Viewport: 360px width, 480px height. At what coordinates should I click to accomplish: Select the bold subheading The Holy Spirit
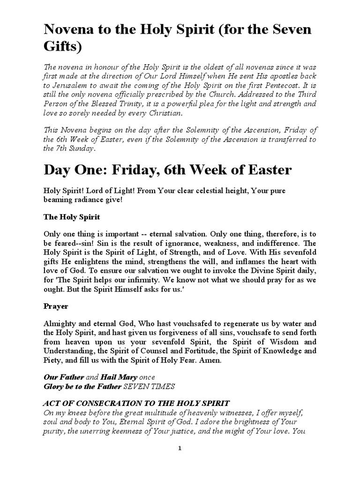tap(68, 218)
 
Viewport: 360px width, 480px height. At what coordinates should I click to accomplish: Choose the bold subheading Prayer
tap(56, 306)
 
